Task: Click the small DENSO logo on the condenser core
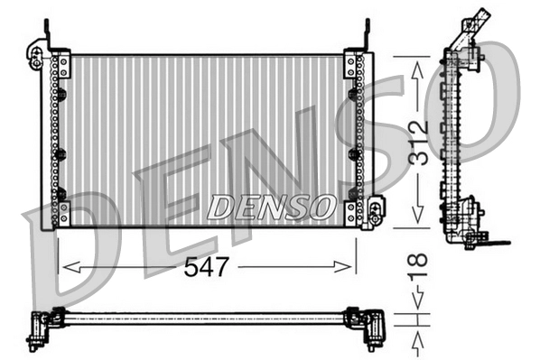pos(269,208)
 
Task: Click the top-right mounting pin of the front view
pos(367,32)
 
